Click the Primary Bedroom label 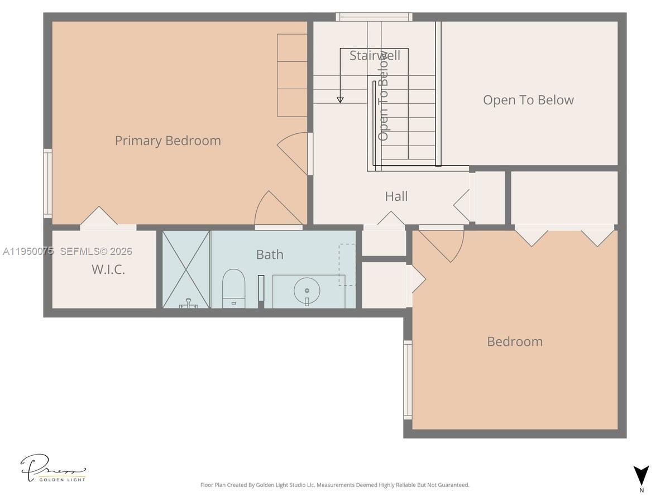[x=167, y=141]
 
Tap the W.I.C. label [x=108, y=270]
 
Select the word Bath [x=270, y=254]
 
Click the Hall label [x=396, y=196]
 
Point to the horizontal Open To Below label [x=528, y=100]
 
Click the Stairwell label [x=375, y=56]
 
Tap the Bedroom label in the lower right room [x=514, y=341]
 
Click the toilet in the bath [x=233, y=288]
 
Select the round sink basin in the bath [x=307, y=291]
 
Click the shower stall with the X [x=186, y=269]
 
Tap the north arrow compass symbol [x=642, y=476]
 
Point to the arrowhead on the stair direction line [x=340, y=100]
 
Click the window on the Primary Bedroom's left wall [x=48, y=183]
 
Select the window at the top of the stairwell [x=374, y=17]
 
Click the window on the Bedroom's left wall [x=408, y=380]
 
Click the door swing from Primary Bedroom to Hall [x=294, y=153]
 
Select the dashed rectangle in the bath [x=347, y=264]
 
